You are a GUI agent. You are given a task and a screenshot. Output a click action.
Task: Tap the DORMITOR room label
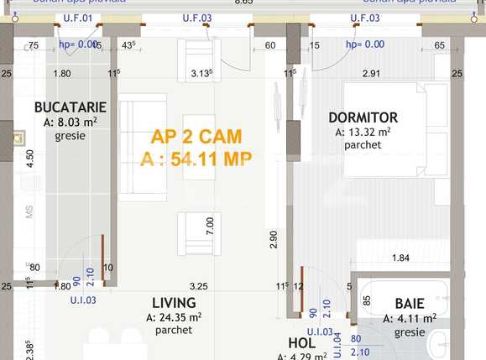(x=363, y=117)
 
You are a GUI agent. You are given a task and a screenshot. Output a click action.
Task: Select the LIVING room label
(x=174, y=303)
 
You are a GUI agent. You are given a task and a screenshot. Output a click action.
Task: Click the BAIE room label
(x=409, y=304)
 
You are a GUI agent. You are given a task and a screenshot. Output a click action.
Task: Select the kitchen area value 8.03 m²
(x=71, y=123)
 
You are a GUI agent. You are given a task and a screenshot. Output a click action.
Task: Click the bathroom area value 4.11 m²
(x=410, y=318)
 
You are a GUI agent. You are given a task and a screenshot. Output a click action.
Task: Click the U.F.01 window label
(x=77, y=17)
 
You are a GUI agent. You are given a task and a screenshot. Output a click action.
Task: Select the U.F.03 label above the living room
(x=197, y=17)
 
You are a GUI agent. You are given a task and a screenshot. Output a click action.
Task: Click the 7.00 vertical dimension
(x=210, y=225)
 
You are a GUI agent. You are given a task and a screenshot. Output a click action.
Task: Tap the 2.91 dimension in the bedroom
(x=371, y=74)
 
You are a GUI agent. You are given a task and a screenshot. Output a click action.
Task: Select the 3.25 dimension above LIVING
(x=199, y=286)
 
